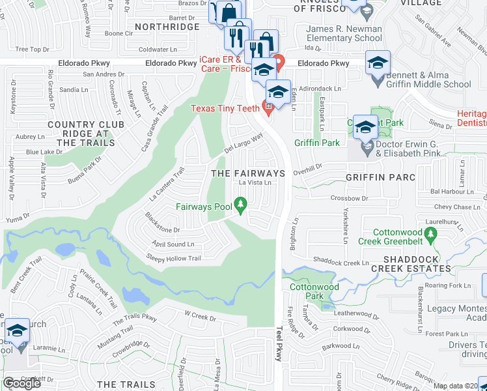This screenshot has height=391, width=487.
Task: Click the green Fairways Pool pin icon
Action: (241, 207)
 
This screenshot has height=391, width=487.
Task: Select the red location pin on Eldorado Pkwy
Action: (280, 63)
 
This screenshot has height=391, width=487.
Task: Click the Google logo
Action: (21, 383)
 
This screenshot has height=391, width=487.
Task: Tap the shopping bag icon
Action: (229, 12)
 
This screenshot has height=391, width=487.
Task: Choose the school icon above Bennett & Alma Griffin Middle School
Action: (378, 63)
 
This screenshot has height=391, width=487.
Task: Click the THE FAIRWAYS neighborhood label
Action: (249, 173)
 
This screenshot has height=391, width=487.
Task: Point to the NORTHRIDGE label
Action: (167, 27)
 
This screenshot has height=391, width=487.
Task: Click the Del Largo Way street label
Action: (244, 141)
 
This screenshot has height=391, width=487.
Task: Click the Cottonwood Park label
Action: (305, 291)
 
